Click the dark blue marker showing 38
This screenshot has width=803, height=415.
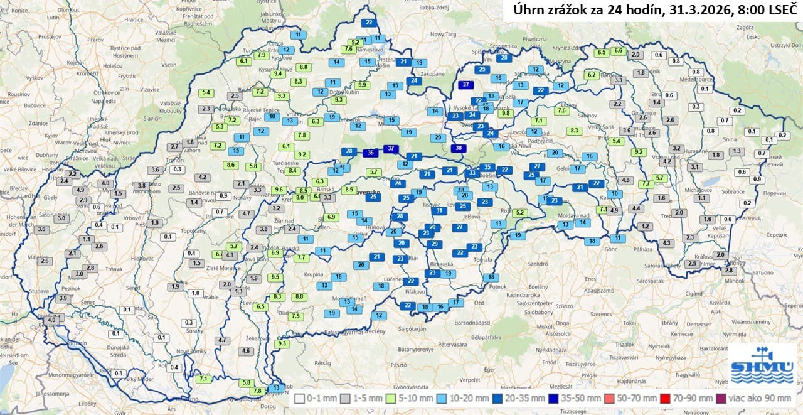(459, 149)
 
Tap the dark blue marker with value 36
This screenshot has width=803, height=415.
(371, 153)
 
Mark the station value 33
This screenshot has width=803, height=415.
(472, 173)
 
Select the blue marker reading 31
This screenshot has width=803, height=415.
(440, 211)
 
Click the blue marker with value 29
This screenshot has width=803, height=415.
(434, 244)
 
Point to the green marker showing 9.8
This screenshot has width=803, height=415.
(506, 114)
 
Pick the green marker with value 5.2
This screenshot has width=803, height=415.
(519, 213)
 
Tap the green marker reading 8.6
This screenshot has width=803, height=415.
(230, 165)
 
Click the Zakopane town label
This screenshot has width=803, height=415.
(432, 73)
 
